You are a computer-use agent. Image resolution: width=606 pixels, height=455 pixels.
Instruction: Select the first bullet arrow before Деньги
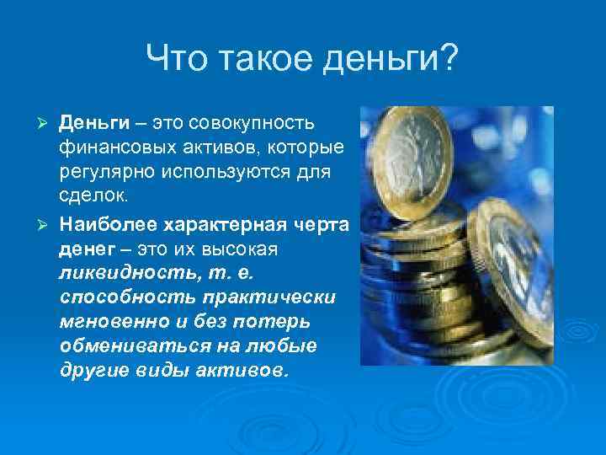point(48,125)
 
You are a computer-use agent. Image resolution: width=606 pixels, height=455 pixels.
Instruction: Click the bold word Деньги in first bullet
point(94,125)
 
